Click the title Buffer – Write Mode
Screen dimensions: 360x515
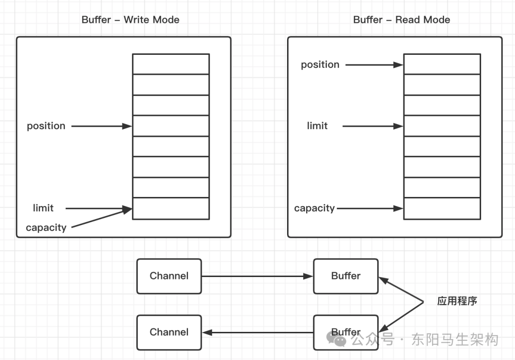(130, 20)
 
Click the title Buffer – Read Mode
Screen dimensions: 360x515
(402, 20)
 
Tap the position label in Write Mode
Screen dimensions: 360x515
(46, 126)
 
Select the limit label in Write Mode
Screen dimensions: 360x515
(43, 208)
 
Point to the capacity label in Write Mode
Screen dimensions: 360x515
(46, 227)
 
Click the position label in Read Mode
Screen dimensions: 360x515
(320, 64)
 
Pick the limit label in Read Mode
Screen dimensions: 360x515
(317, 126)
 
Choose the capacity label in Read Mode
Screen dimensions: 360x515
(314, 208)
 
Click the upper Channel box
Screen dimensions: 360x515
(169, 276)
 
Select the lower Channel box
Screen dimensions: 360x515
(169, 332)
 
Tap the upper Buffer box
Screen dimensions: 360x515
(346, 276)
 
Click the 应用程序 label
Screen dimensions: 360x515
(457, 301)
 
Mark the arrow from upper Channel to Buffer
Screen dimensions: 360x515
(257, 276)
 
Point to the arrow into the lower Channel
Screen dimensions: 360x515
(257, 332)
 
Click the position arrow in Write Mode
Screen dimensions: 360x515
(101, 126)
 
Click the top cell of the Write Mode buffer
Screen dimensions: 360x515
(171, 64)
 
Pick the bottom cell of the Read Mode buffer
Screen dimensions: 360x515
(442, 208)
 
